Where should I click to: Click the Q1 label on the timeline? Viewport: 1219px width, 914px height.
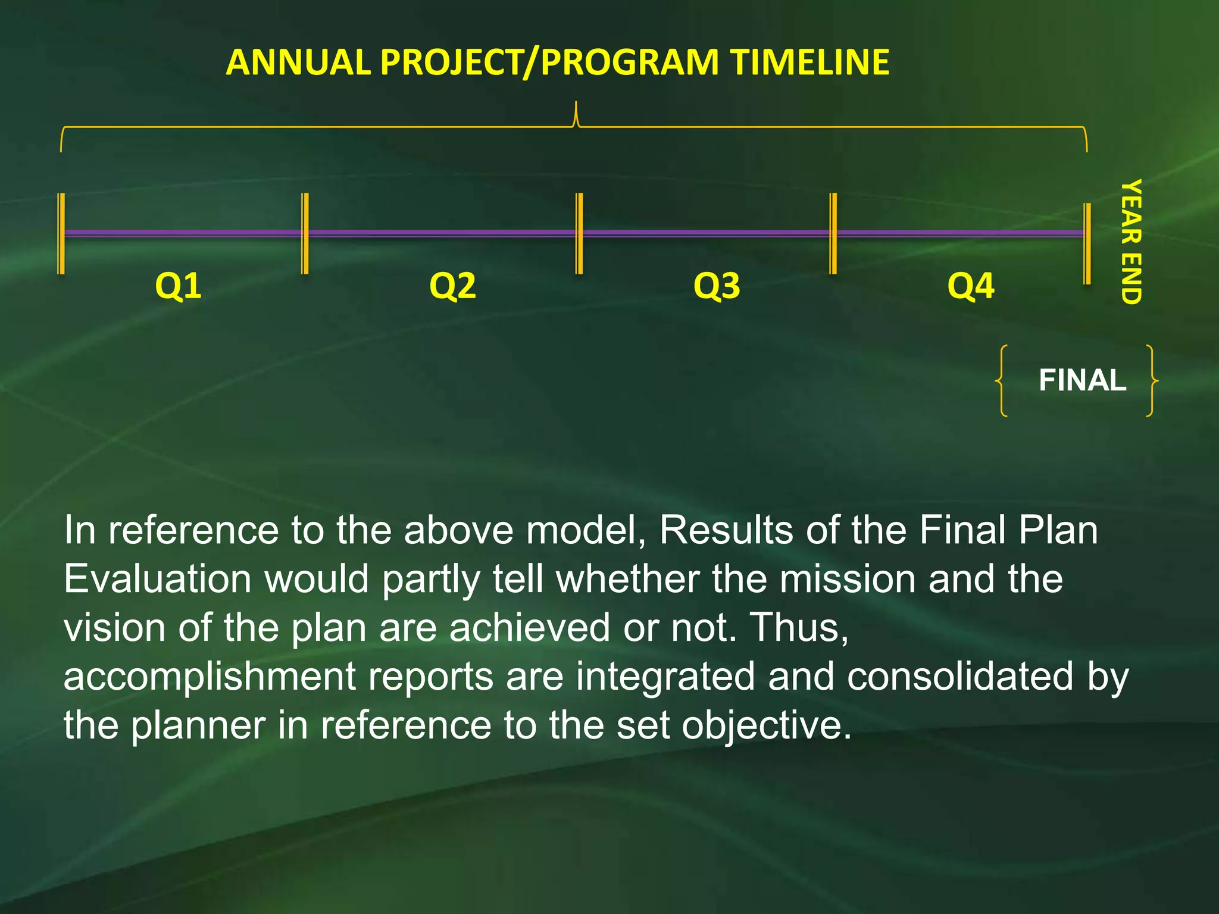pyautogui.click(x=178, y=286)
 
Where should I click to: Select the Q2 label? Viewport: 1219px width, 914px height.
pyautogui.click(x=452, y=286)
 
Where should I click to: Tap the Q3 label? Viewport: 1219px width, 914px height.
pyautogui.click(x=717, y=286)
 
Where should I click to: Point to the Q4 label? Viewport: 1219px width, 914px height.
pyautogui.click(x=970, y=286)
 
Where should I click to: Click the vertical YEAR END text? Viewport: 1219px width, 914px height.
pyautogui.click(x=1131, y=242)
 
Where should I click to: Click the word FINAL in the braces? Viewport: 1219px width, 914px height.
pyautogui.click(x=1082, y=380)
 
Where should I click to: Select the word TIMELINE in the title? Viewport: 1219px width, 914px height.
pyautogui.click(x=810, y=62)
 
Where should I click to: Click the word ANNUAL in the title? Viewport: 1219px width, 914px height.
pyautogui.click(x=299, y=62)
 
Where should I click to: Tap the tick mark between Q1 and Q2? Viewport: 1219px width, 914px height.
pyautogui.click(x=305, y=233)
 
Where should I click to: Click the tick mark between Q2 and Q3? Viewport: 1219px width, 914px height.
pyautogui.click(x=579, y=233)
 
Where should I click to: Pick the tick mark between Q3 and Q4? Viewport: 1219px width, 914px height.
pyautogui.click(x=833, y=233)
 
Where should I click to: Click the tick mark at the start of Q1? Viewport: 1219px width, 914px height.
pyautogui.click(x=61, y=233)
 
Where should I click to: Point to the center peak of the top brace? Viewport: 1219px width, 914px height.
pyautogui.click(x=576, y=113)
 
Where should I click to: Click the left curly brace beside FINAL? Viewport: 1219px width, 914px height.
pyautogui.click(x=1002, y=380)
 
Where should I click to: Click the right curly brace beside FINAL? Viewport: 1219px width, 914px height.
pyautogui.click(x=1151, y=380)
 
